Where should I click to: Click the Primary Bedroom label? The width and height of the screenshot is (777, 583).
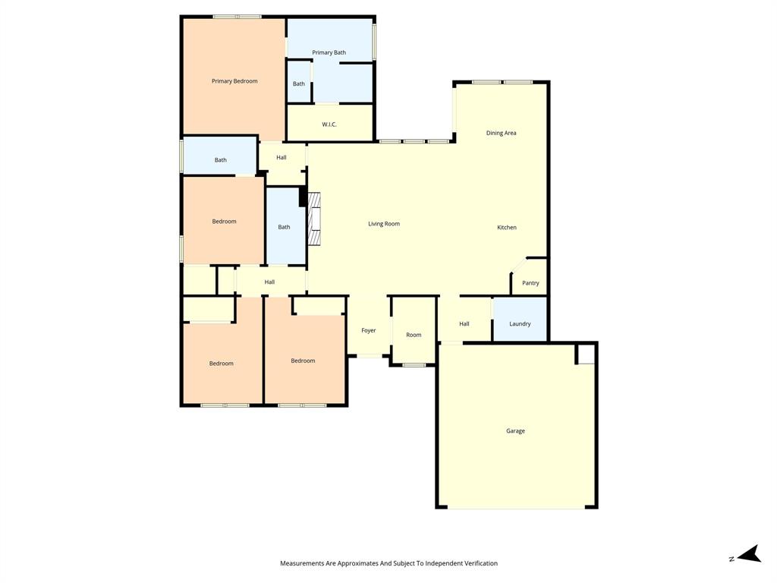tap(234, 81)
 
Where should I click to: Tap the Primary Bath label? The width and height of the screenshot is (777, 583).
tap(329, 52)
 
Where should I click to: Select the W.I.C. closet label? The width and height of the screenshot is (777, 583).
tap(329, 124)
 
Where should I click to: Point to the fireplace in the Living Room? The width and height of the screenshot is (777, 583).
tap(313, 219)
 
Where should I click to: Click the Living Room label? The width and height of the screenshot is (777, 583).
tap(384, 224)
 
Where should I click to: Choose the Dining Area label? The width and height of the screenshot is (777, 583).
tap(501, 133)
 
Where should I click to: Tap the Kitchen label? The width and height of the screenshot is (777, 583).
tap(507, 228)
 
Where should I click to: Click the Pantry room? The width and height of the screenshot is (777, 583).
tap(530, 282)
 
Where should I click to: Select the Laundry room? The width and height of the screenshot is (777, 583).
tap(520, 324)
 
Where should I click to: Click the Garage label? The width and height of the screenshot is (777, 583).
tap(515, 431)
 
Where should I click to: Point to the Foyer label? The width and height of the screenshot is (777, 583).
tap(369, 331)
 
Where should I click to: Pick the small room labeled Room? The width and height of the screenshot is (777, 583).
tap(414, 335)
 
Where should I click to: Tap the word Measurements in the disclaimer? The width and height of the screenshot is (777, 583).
tap(302, 563)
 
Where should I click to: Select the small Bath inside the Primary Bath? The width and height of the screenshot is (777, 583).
tap(299, 84)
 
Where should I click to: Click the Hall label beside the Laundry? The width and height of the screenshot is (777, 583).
tap(464, 324)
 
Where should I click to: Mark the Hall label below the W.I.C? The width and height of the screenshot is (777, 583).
tap(282, 158)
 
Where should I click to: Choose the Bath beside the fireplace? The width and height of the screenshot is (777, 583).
tap(284, 227)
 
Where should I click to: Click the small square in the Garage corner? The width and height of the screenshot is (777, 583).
tap(585, 354)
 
